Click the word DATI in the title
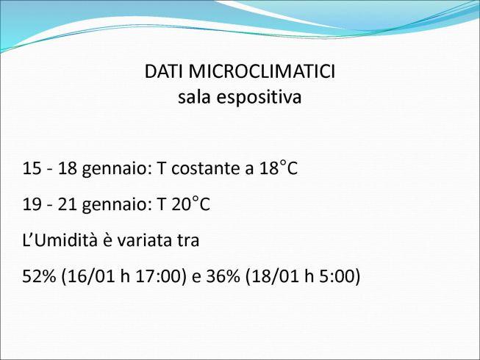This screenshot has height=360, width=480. (164, 71)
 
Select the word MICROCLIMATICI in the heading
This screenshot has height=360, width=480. (262, 71)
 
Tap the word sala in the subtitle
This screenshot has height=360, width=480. (194, 97)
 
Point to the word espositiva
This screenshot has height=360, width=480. (259, 98)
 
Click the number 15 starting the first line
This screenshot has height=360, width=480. (32, 168)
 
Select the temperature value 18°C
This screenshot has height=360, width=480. (279, 168)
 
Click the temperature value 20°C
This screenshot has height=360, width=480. (190, 204)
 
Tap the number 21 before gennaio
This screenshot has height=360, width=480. (67, 204)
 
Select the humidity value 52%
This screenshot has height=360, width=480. (40, 276)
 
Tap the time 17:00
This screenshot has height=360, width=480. (160, 276)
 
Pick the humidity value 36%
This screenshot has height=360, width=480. (223, 276)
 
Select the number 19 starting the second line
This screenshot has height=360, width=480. (32, 204)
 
